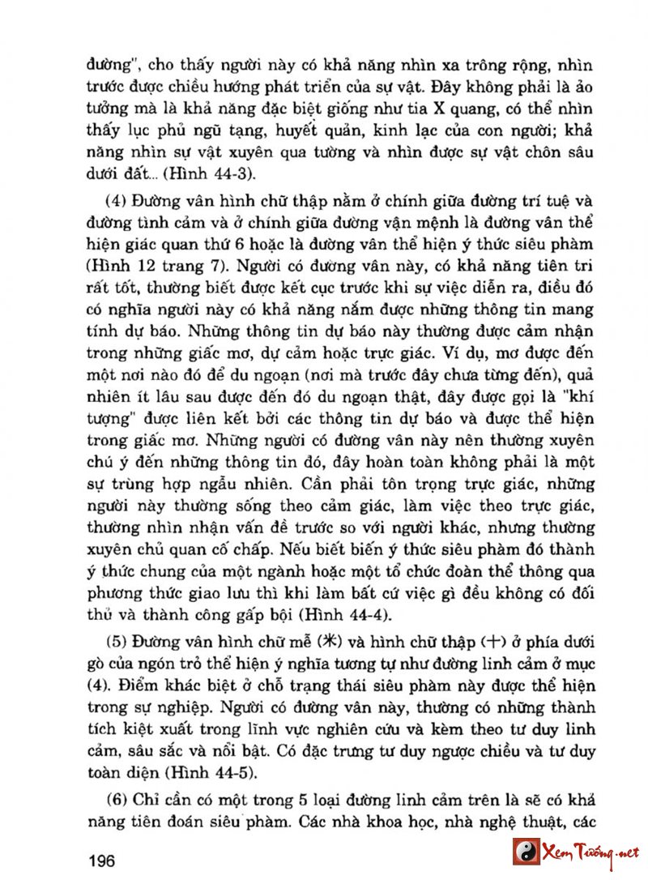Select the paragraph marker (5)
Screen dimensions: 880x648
[x=119, y=632]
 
